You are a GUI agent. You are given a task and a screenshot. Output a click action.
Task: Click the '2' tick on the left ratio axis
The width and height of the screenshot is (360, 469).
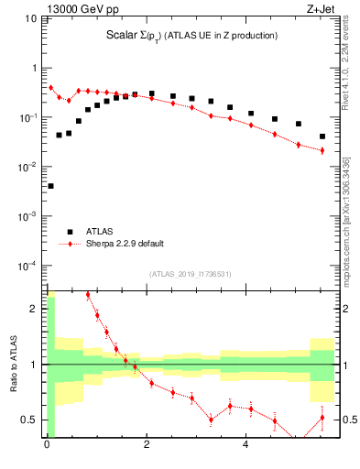tap(36, 309)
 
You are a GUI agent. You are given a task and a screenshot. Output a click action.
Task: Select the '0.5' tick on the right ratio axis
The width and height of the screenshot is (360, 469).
tap(348, 420)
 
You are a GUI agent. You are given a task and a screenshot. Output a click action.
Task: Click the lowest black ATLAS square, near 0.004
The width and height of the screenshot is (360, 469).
tap(49, 186)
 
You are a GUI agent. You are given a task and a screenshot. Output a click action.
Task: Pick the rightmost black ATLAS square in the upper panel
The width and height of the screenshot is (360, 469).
tap(322, 136)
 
